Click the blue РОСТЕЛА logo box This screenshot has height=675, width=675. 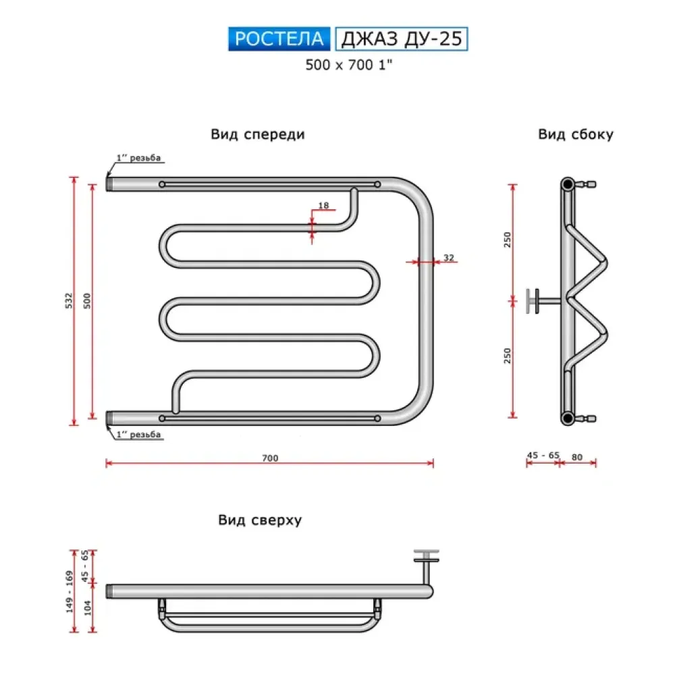[279, 38]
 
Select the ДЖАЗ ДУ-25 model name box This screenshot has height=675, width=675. [401, 38]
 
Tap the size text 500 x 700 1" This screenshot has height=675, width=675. [349, 65]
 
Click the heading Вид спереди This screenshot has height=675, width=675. [257, 134]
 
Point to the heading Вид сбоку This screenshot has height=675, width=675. [575, 134]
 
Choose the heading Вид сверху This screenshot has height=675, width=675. [260, 520]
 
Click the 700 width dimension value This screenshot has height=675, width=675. [270, 458]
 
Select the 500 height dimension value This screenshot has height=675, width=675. [86, 301]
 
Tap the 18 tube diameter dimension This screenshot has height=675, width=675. [323, 205]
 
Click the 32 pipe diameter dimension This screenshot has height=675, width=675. [448, 258]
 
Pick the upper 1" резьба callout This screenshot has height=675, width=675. [138, 159]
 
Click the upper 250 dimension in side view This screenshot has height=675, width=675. [508, 240]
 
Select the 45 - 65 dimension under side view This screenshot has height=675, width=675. [543, 456]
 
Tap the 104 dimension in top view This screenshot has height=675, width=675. [87, 609]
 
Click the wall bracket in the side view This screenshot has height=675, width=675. [537, 300]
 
